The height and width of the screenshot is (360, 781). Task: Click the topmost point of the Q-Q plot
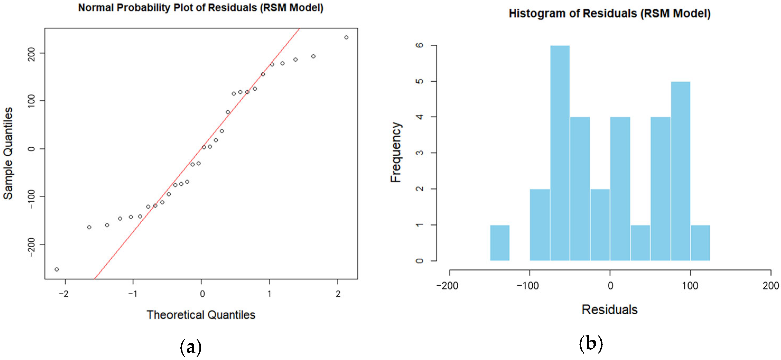tap(346, 38)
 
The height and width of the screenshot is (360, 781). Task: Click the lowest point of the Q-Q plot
tap(57, 269)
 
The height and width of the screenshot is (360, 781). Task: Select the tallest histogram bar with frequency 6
tap(560, 153)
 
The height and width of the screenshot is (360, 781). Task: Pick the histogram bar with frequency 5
tap(680, 171)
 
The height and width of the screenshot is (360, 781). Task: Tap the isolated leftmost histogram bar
tap(500, 243)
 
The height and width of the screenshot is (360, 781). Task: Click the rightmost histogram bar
tap(700, 243)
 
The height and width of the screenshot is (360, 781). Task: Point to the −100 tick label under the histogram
tap(528, 286)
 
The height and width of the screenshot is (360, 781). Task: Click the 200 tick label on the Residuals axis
tap(770, 286)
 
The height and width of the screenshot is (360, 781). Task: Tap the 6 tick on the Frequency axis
tap(420, 45)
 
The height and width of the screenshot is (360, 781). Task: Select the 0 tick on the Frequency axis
tap(420, 261)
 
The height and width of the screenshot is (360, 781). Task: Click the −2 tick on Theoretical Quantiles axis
tap(64, 294)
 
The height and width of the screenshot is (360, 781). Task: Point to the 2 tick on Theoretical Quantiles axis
tap(338, 294)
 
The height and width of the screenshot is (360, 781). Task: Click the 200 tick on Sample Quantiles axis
tap(31, 54)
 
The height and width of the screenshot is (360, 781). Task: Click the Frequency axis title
tap(396, 152)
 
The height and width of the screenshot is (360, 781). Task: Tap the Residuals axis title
tap(609, 310)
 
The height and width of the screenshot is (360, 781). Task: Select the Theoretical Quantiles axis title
tap(201, 315)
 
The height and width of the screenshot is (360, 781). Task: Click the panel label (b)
tap(591, 344)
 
